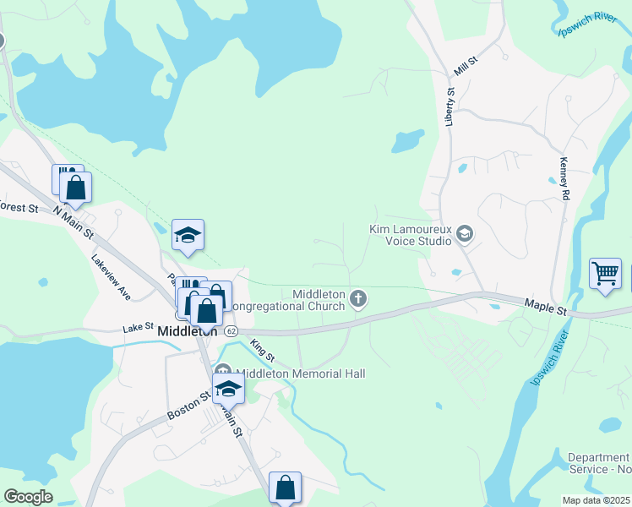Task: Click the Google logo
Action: tap(28, 497)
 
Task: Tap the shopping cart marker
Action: tap(605, 274)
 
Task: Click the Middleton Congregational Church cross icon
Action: tap(358, 297)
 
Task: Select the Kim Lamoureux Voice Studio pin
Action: tap(465, 233)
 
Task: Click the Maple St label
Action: tap(545, 307)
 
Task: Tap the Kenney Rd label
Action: tap(564, 177)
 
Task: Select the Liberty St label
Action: tap(450, 106)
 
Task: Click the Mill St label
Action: tap(466, 63)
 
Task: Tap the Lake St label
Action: tap(138, 326)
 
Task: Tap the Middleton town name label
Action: tap(188, 332)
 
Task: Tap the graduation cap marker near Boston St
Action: tap(227, 390)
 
